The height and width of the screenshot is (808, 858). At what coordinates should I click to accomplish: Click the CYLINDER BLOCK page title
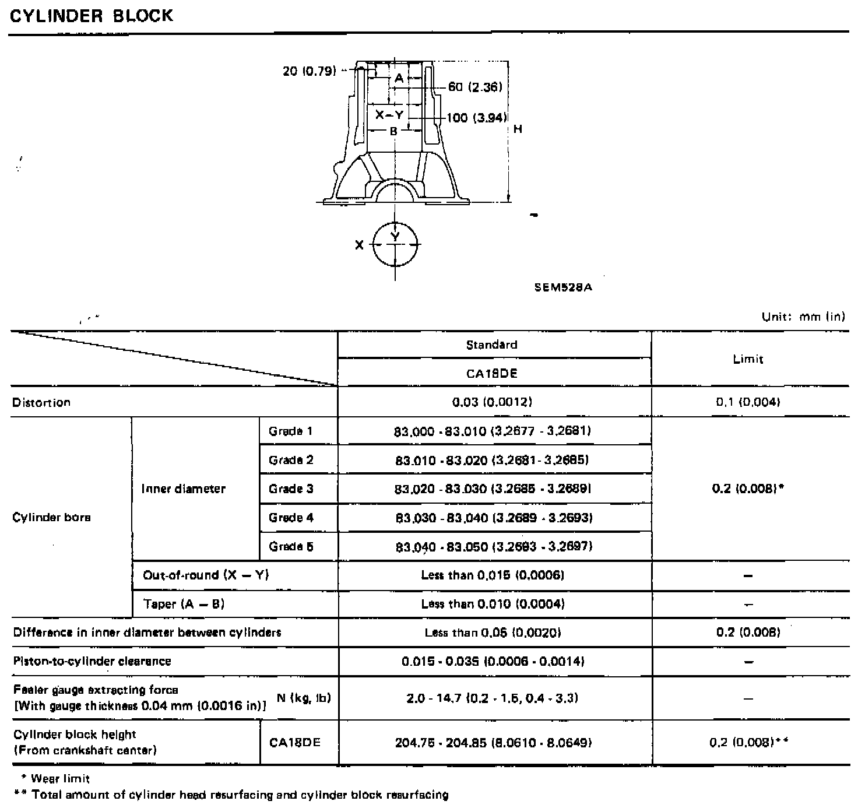pos(92,15)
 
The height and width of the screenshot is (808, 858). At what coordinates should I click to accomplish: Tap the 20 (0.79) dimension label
pos(309,71)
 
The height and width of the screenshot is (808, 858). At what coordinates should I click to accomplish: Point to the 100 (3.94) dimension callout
pos(476,118)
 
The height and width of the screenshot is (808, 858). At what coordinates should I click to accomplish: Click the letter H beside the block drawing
pos(518,129)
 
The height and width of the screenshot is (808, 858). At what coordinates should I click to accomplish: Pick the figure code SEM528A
pos(563,287)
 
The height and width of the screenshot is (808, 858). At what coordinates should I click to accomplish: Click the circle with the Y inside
pos(396,244)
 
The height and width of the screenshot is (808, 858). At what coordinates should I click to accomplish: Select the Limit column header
pos(748,359)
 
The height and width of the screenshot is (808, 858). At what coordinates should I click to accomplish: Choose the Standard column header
pos(492,345)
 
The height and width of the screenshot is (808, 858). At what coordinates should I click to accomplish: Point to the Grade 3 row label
pos(291,489)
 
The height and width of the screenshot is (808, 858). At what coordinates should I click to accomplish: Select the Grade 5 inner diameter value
pos(494,546)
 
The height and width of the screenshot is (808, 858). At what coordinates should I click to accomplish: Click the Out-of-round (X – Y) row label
pos(206,575)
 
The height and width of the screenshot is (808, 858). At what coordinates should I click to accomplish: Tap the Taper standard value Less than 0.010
pos(493,604)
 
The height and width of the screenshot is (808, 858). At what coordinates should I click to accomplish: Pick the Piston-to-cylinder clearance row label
pos(92,661)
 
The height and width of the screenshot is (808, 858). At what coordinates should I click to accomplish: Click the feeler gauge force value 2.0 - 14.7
pos(493,698)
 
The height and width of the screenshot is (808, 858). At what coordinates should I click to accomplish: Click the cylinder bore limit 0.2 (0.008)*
pos(748,489)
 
